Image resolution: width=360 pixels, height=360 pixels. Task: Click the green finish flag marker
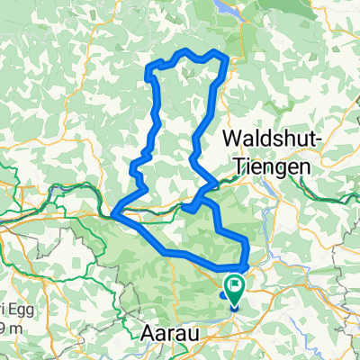click(x=236, y=290)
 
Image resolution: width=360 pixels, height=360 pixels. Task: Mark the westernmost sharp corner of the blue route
click(x=116, y=214)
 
